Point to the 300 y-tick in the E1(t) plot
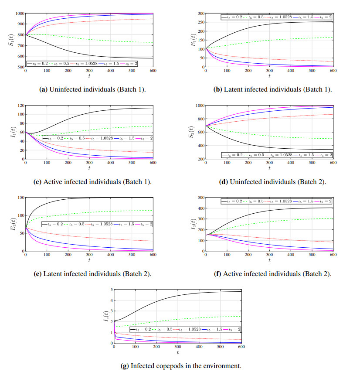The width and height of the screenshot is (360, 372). tap(198, 14)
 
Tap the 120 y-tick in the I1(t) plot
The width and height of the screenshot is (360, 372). tap(20, 106)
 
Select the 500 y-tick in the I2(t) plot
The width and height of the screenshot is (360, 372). tap(198, 198)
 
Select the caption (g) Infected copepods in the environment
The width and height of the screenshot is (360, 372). tap(180, 366)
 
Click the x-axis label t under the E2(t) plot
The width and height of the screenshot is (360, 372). tap(90, 260)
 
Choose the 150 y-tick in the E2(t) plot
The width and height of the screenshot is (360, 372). tap(20, 198)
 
